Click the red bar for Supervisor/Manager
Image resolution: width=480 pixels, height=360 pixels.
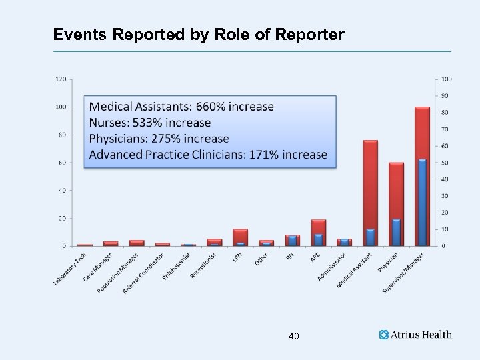pos(422,133)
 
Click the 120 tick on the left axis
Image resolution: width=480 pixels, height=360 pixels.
pos(60,79)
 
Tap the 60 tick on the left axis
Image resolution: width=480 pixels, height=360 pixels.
pos(61,163)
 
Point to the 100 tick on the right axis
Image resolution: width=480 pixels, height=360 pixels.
pos(446,79)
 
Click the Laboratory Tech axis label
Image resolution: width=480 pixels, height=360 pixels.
pos(70,269)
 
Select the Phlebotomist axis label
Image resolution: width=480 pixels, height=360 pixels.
pos(177,265)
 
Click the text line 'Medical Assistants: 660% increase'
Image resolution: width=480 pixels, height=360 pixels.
pos(181,107)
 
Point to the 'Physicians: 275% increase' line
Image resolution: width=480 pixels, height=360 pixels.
pos(159,139)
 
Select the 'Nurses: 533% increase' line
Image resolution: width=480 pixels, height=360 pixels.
pos(150,123)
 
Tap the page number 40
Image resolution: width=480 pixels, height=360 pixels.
pos(293,336)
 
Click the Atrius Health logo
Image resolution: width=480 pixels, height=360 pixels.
pos(415,335)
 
